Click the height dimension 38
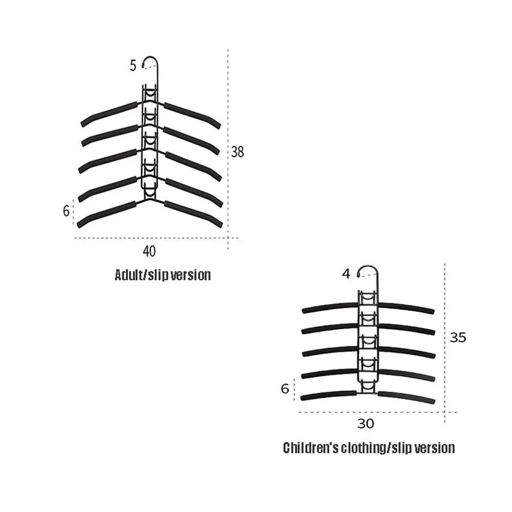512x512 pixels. tap(238, 152)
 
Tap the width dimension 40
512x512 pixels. tap(149, 251)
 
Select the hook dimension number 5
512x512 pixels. tap(133, 66)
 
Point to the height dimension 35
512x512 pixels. tap(458, 337)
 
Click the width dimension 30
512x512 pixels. tap(366, 424)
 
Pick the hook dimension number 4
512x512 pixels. tap(346, 273)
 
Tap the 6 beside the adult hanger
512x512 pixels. tap(66, 211)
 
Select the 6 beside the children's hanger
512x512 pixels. tap(285, 389)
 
